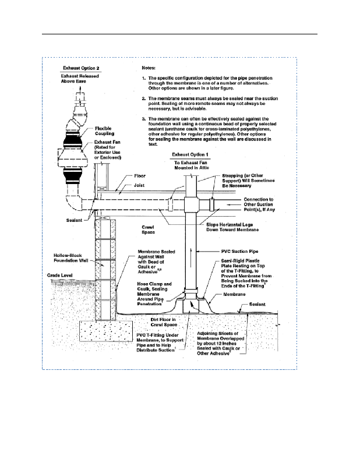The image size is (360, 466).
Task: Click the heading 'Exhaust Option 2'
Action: point(80,67)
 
